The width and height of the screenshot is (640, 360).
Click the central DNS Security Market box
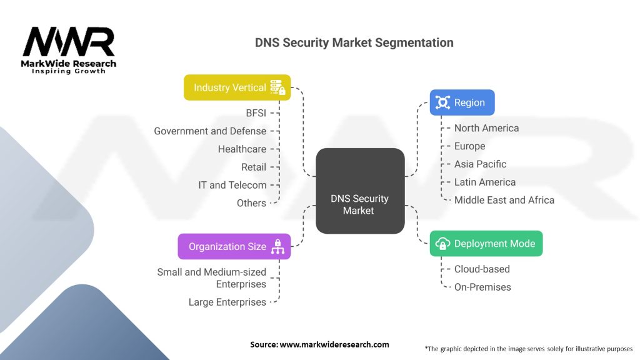[x=360, y=191]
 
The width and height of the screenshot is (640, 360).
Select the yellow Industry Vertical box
[x=237, y=87]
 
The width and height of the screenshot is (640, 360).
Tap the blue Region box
[x=462, y=102]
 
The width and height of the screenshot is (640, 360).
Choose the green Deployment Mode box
[x=486, y=244]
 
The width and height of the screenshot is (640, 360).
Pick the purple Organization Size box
[x=234, y=246]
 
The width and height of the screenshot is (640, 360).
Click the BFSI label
[x=256, y=113]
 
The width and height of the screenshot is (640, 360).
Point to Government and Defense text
[x=210, y=131]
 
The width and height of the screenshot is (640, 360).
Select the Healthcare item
[x=242, y=149]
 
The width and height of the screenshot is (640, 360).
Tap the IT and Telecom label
[x=232, y=185]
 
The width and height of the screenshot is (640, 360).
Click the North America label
[x=486, y=128]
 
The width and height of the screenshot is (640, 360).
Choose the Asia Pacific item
[x=480, y=164]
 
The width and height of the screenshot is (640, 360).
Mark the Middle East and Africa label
[x=504, y=200]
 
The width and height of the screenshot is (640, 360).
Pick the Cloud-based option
[x=482, y=269]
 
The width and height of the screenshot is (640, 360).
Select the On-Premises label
[x=482, y=287]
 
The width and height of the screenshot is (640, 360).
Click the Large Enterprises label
[x=227, y=302]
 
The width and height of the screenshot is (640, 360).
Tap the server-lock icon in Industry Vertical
[x=278, y=87]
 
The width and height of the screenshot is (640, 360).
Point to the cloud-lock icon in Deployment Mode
[x=442, y=244]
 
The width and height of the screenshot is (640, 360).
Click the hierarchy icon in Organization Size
[x=278, y=246]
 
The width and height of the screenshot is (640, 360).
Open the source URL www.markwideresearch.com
[x=334, y=344]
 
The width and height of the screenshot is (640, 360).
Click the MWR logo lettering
[x=69, y=42]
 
